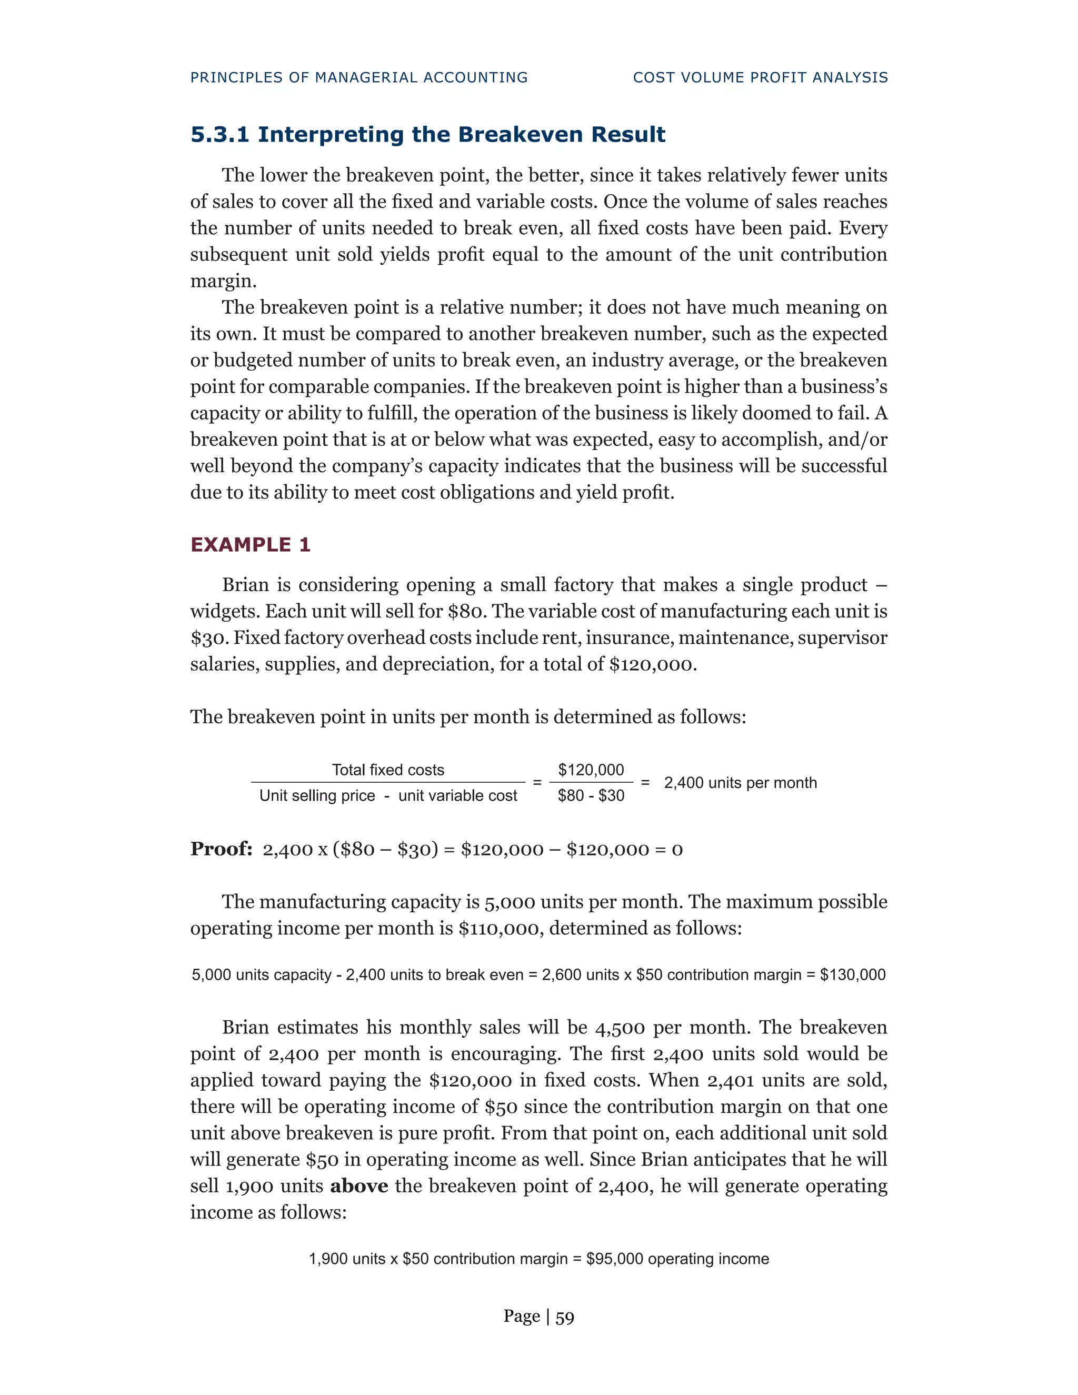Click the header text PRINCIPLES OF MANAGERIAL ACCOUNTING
click(x=359, y=77)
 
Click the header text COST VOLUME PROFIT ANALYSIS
click(x=760, y=77)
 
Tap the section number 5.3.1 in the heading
click(x=219, y=135)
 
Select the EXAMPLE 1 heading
click(x=251, y=545)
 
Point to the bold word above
click(x=359, y=1185)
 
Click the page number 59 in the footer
click(x=565, y=1317)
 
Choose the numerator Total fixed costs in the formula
click(x=387, y=770)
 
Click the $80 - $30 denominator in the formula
click(x=591, y=795)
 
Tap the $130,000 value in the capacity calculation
click(x=853, y=975)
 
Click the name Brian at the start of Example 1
click(x=245, y=584)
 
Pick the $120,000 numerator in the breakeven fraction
click(x=591, y=770)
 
